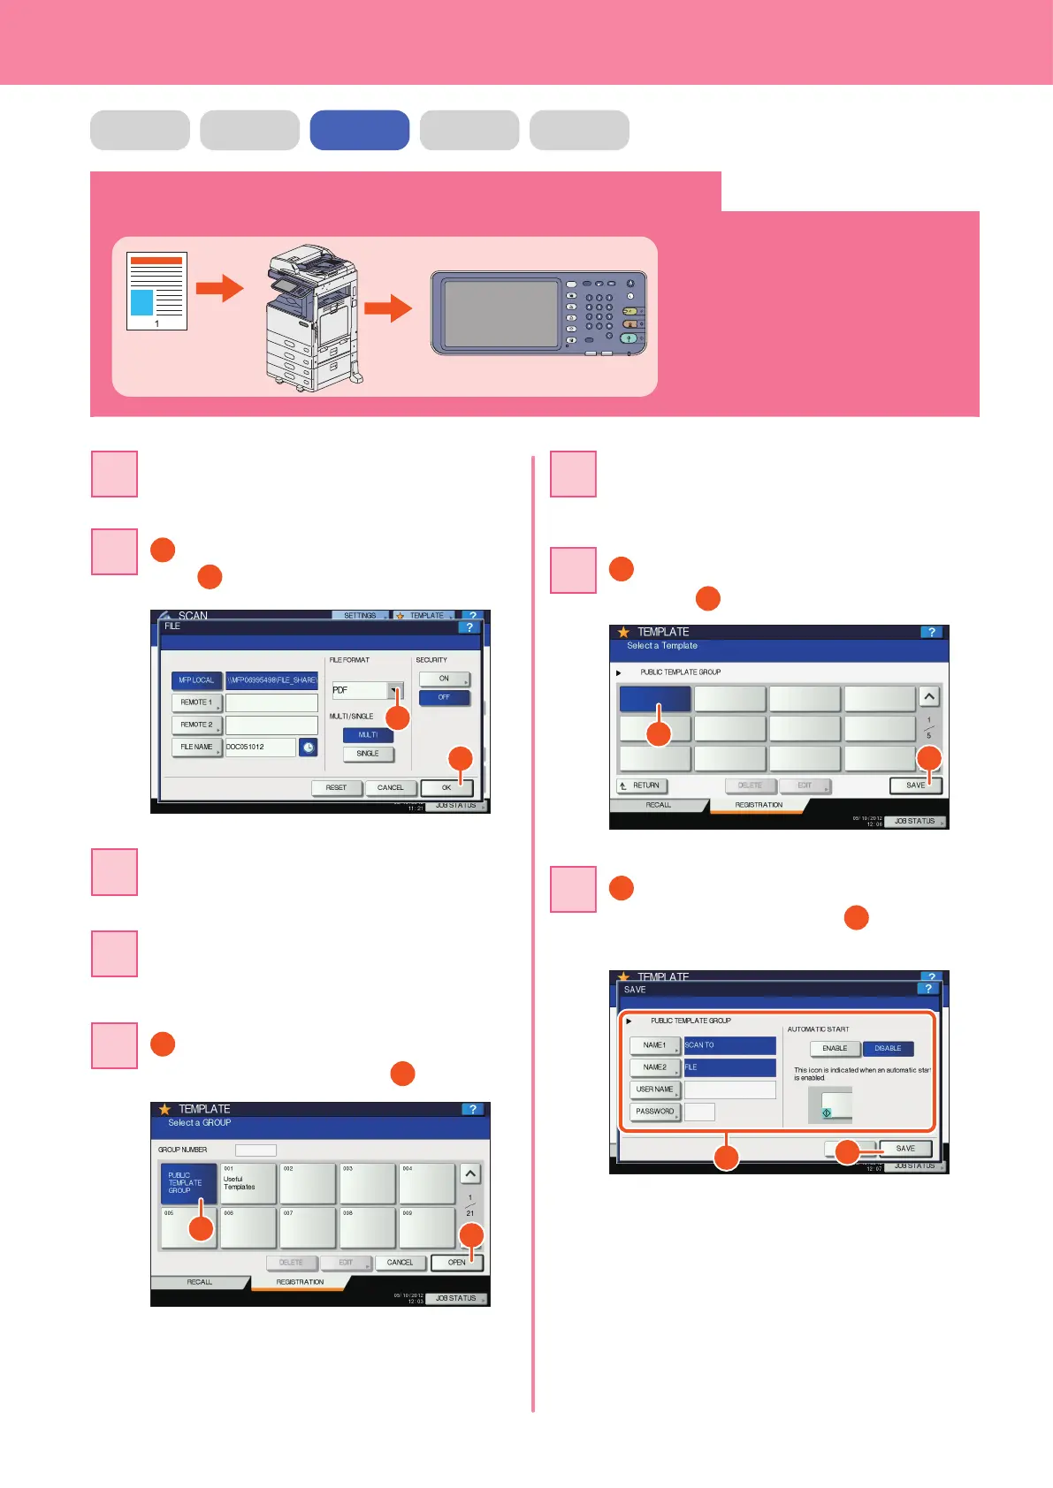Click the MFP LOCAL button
click(196, 680)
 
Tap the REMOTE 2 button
click(196, 725)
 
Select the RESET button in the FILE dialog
click(336, 787)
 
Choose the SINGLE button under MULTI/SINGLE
click(368, 754)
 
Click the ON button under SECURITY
click(444, 679)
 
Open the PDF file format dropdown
click(395, 690)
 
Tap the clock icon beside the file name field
click(308, 748)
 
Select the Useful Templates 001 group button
click(248, 1183)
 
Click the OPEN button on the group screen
click(456, 1263)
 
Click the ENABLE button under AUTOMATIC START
click(835, 1049)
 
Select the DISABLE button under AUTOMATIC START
click(888, 1049)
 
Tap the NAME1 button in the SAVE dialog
click(655, 1045)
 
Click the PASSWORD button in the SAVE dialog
click(655, 1112)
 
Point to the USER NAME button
click(655, 1089)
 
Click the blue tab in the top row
click(359, 130)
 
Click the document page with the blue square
click(156, 292)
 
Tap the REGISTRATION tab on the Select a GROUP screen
click(300, 1282)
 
